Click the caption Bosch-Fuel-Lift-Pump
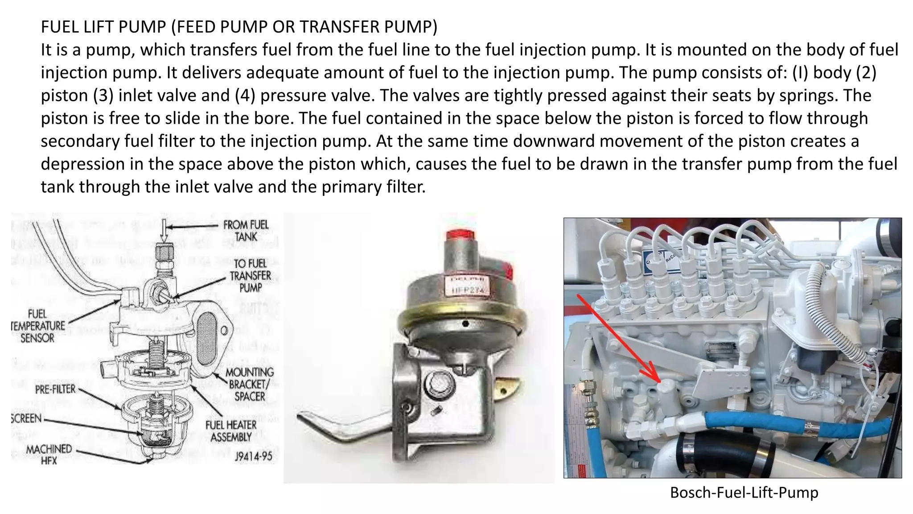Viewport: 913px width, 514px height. click(744, 493)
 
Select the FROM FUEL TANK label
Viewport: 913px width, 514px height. click(246, 231)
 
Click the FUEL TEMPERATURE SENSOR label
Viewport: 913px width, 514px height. click(38, 326)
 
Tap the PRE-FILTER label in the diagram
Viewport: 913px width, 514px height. click(55, 390)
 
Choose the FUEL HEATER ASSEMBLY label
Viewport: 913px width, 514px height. click(231, 431)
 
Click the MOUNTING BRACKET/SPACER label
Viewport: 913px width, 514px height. click(249, 384)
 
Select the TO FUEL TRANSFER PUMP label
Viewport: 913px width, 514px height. click(250, 276)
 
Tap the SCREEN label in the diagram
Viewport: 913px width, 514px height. click(26, 419)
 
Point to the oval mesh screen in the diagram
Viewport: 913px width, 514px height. click(207, 330)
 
